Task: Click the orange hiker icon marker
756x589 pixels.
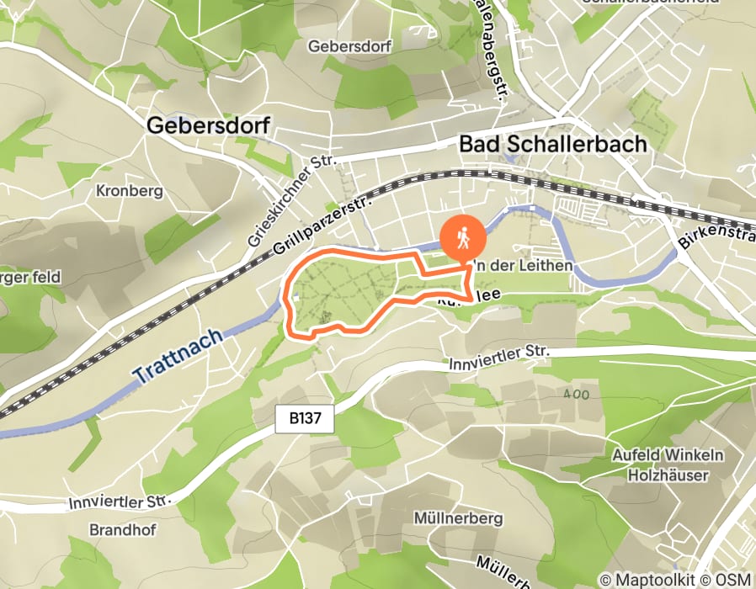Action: pyautogui.click(x=462, y=238)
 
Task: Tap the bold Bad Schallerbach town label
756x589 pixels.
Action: pyautogui.click(x=553, y=144)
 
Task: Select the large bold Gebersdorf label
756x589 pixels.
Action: pyautogui.click(x=208, y=125)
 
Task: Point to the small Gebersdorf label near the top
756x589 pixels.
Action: pyautogui.click(x=350, y=46)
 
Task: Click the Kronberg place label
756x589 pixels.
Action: pyautogui.click(x=129, y=191)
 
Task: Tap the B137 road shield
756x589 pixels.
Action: pyautogui.click(x=306, y=416)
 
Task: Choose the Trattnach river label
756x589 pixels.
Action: pyautogui.click(x=178, y=357)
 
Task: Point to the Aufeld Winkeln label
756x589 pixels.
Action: pyautogui.click(x=668, y=456)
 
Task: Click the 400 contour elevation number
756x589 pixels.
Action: pyautogui.click(x=577, y=393)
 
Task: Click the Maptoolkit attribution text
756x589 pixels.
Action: pyautogui.click(x=644, y=580)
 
